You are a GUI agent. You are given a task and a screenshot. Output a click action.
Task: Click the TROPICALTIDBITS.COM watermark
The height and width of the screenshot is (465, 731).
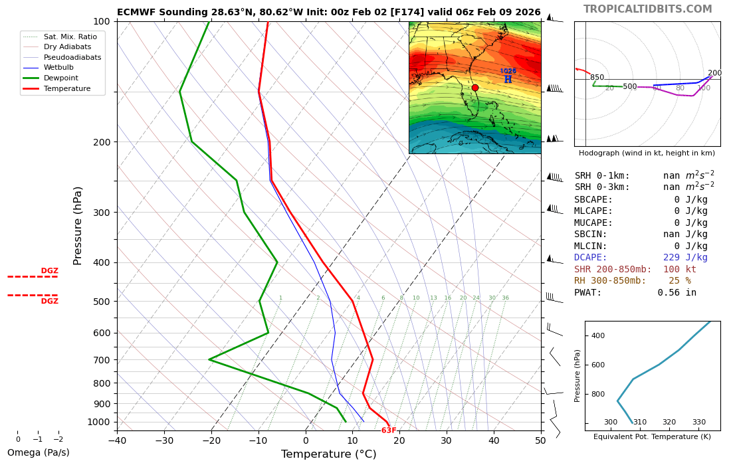tap(647, 9)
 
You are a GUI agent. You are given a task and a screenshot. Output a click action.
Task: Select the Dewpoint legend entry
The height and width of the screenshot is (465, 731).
tap(61, 78)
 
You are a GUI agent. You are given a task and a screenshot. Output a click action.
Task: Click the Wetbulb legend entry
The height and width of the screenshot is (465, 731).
tap(58, 68)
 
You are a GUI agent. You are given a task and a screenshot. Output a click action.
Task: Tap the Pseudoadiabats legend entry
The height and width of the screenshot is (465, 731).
tap(72, 57)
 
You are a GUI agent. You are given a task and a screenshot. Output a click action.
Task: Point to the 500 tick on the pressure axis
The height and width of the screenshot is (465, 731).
tap(101, 302)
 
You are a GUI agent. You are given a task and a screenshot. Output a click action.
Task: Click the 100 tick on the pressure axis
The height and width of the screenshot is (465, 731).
tap(101, 22)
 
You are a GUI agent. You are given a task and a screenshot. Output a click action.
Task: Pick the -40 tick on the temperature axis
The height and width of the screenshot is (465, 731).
tap(117, 440)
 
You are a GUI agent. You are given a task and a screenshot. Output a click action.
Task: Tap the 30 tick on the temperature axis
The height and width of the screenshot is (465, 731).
tap(446, 440)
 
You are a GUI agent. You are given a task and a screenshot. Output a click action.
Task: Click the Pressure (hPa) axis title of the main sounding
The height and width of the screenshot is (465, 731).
tap(78, 226)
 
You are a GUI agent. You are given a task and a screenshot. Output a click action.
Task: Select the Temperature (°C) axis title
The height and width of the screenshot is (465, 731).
tap(328, 454)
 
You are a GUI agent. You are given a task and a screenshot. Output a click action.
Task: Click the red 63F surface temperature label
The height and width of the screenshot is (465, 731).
tap(389, 430)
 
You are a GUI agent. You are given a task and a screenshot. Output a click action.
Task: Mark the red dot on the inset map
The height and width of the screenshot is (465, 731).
tap(475, 88)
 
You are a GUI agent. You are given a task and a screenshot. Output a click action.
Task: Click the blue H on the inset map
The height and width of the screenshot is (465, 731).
tap(508, 80)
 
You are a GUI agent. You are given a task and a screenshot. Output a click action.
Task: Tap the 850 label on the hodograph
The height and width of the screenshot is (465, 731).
tap(597, 78)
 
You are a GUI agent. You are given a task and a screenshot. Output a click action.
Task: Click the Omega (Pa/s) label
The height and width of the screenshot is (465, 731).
tap(39, 453)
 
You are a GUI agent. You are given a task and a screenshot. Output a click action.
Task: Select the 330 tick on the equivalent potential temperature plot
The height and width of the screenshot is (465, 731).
tap(699, 422)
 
